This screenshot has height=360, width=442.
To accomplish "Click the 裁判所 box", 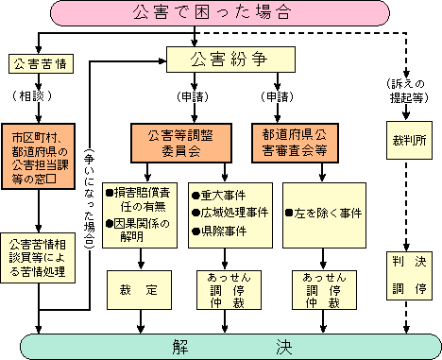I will (408, 148).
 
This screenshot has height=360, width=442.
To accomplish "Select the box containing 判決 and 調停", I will (408, 272).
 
